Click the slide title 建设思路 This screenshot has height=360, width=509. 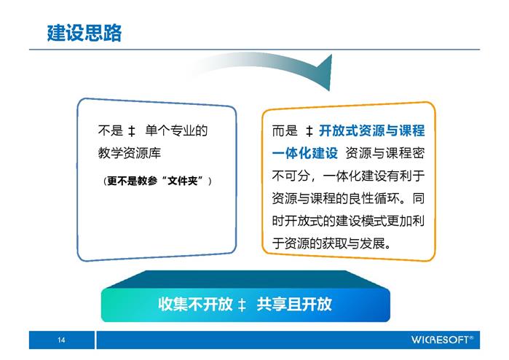pyautogui.click(x=84, y=33)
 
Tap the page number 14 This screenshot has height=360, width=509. pyautogui.click(x=61, y=340)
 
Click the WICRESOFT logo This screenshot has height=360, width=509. pyautogui.click(x=442, y=340)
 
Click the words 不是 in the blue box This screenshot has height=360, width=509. pyautogui.click(x=111, y=130)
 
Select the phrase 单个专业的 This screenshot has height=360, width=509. pyautogui.click(x=176, y=130)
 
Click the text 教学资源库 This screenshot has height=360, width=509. pyautogui.click(x=130, y=153)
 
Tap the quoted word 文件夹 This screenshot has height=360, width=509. pyautogui.click(x=183, y=181)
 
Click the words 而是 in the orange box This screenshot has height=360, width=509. pyautogui.click(x=285, y=130)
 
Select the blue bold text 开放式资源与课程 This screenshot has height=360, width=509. pyautogui.click(x=371, y=130)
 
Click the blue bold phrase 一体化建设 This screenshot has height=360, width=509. pyautogui.click(x=305, y=153)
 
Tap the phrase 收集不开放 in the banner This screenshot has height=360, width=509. pyautogui.click(x=195, y=304)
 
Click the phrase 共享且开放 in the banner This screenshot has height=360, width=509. pyautogui.click(x=294, y=304)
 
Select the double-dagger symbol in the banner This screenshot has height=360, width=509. pyautogui.click(x=242, y=305)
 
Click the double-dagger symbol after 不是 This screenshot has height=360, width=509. pyautogui.click(x=132, y=131)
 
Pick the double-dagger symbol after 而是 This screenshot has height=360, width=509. pyautogui.click(x=309, y=131)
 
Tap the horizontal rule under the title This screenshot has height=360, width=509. pyautogui.click(x=254, y=50)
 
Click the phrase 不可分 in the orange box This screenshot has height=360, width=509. pyautogui.click(x=291, y=176)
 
